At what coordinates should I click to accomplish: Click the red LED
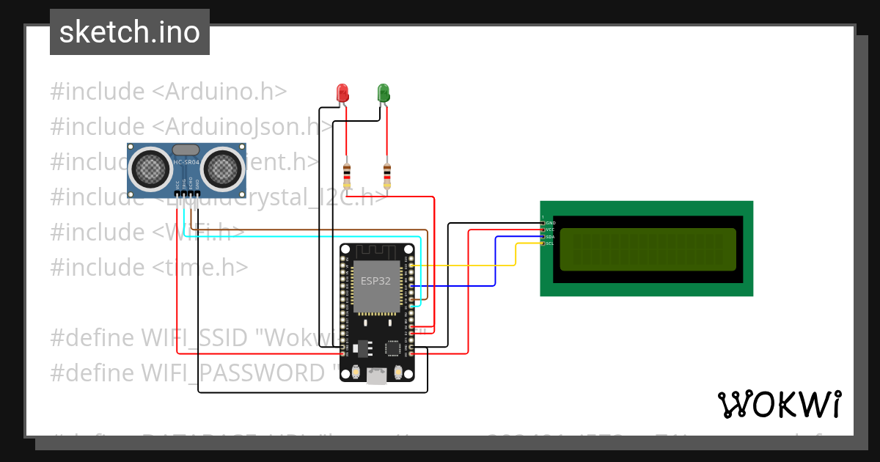(342, 93)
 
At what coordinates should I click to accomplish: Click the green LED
(383, 93)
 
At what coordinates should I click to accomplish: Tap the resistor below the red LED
(347, 175)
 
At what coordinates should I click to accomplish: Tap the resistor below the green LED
(387, 175)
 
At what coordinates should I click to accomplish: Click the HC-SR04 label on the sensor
(186, 161)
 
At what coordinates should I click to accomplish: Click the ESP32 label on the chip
(375, 280)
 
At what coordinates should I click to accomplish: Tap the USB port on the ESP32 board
(376, 375)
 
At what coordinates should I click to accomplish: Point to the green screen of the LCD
(648, 249)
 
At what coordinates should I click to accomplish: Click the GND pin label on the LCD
(551, 222)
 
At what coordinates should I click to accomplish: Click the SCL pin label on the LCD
(550, 243)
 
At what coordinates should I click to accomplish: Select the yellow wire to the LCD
(469, 265)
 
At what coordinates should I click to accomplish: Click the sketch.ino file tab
(130, 32)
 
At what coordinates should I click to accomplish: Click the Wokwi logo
(779, 404)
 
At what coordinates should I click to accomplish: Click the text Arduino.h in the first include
(226, 92)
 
